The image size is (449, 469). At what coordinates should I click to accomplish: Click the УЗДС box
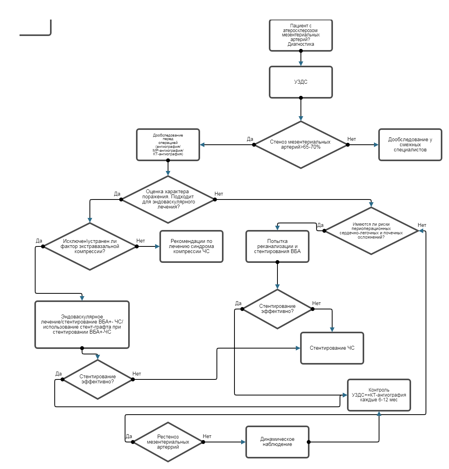pos(301,82)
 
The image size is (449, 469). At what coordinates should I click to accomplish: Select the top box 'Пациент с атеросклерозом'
pos(301,35)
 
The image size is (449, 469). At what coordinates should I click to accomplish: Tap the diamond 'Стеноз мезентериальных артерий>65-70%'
pos(301,145)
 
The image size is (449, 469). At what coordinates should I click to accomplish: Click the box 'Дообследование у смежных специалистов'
pos(410,145)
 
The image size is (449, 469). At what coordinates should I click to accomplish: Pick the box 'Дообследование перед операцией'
pos(168,145)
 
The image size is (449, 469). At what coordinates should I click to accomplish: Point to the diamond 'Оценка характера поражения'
pos(168,199)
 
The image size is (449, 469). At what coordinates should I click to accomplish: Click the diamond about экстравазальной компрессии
pos(90,246)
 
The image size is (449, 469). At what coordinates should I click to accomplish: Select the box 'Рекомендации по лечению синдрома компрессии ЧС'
pos(191,246)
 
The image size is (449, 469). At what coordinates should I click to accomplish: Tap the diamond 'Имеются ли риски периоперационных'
pos(371,231)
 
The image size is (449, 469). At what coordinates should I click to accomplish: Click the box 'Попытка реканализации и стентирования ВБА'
pos(277,246)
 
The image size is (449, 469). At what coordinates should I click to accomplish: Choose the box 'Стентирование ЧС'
pos(332,348)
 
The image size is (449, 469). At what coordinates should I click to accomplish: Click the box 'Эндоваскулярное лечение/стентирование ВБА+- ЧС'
pos(82,325)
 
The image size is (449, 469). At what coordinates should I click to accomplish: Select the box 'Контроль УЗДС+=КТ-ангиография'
pos(379,395)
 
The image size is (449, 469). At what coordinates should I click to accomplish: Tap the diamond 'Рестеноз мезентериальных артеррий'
pos(168,442)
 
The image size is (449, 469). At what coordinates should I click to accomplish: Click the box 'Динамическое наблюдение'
pos(277,442)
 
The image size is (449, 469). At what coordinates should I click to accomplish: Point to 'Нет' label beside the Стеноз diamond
pos(352,139)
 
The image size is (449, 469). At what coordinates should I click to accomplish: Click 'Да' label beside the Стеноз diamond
pos(250,139)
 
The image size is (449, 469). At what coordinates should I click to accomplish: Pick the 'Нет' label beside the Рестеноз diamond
pos(207,437)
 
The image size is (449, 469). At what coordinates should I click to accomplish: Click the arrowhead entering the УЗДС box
pos(301,64)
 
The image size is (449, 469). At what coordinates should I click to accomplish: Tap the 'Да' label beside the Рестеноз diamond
pos(129,437)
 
